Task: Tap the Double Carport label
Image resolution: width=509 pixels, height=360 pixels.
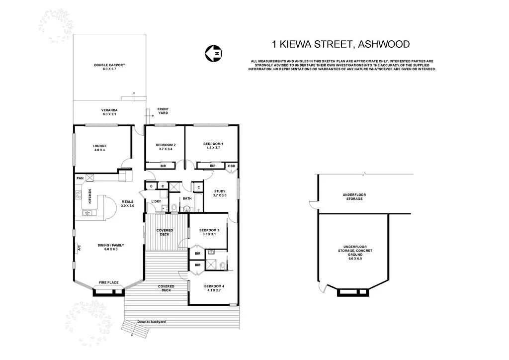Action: (x=109, y=67)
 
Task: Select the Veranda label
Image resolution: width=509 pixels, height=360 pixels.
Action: (x=109, y=112)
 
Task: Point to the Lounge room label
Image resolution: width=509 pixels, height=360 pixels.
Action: (x=99, y=148)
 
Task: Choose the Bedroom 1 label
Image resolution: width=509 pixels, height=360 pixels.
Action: (x=213, y=146)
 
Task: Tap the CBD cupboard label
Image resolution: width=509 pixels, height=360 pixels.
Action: (x=232, y=166)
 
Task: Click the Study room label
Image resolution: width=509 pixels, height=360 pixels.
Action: (x=220, y=193)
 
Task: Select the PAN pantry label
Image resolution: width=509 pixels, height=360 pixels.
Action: (x=80, y=178)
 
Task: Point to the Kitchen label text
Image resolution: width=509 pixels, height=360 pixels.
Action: (x=90, y=197)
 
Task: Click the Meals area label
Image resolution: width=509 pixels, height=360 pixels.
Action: (x=128, y=203)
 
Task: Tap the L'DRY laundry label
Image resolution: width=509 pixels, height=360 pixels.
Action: (x=156, y=201)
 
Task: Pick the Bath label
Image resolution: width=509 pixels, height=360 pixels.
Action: (x=187, y=198)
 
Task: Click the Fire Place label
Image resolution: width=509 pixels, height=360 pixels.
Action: (x=109, y=282)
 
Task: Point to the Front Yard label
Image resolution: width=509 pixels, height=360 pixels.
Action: (x=163, y=111)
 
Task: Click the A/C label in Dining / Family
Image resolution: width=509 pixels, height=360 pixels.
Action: (x=78, y=249)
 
